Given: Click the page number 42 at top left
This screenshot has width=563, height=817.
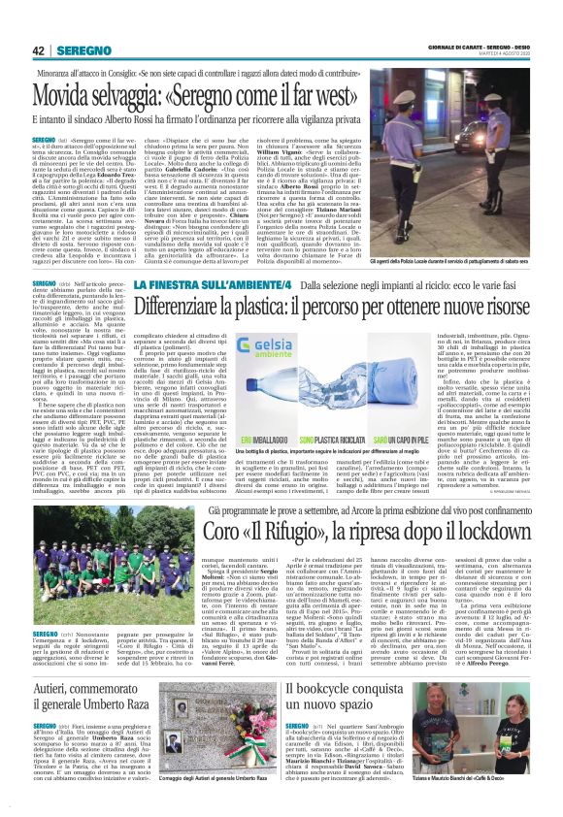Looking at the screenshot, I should pyautogui.click(x=39, y=51).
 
